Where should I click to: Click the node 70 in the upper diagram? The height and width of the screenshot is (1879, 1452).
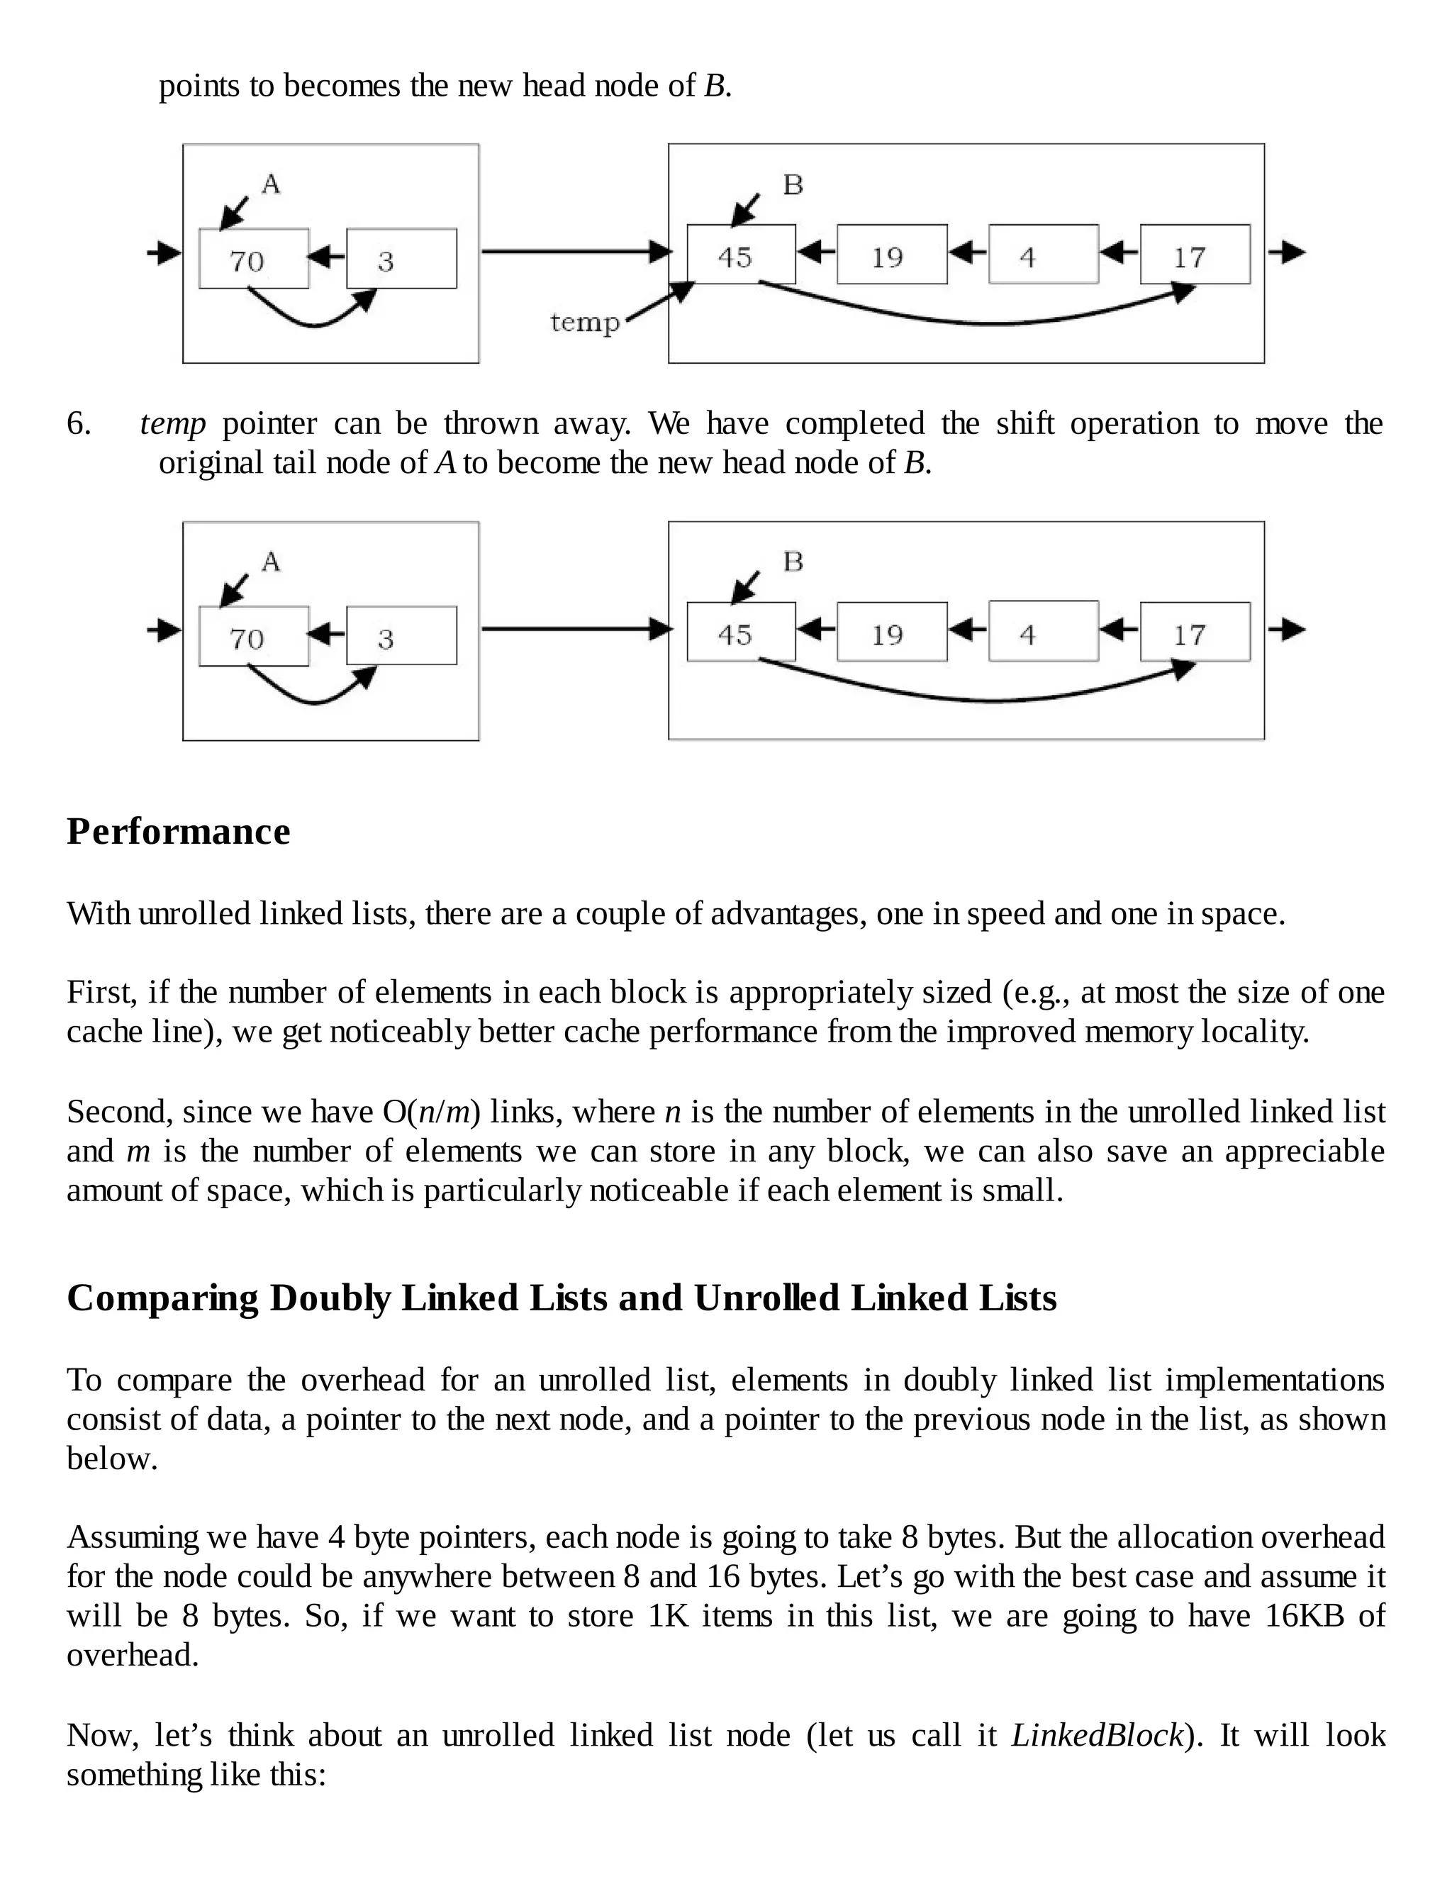tap(254, 259)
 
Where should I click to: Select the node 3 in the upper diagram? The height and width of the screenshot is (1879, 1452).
tap(401, 259)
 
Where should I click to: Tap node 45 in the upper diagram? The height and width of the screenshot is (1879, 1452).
tap(741, 255)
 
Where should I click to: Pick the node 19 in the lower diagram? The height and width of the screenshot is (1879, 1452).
tap(891, 632)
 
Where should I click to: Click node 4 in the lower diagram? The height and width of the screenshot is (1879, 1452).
tap(1042, 632)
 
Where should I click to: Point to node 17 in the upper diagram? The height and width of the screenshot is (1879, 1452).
tap(1194, 255)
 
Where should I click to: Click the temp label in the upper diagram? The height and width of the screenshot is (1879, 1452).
tap(585, 323)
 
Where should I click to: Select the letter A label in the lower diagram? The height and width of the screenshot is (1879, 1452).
tap(271, 562)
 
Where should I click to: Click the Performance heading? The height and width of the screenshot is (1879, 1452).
tap(179, 832)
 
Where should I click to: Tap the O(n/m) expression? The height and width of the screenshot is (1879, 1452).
tap(431, 1113)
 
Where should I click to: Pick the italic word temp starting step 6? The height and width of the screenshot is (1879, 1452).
tap(173, 424)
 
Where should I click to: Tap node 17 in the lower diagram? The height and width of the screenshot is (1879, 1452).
tap(1194, 632)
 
